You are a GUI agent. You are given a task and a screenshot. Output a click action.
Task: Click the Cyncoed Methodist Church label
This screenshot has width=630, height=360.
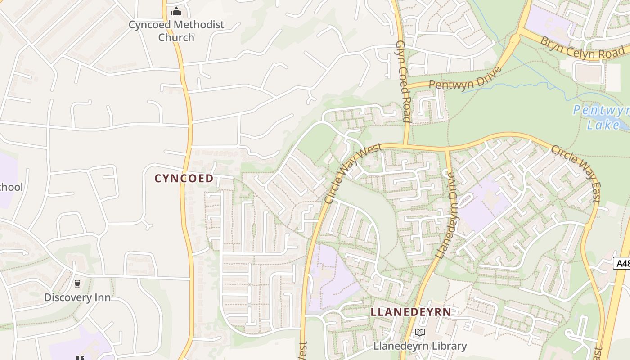[176, 31]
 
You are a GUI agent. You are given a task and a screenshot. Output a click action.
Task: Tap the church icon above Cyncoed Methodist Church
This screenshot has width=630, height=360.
[176, 11]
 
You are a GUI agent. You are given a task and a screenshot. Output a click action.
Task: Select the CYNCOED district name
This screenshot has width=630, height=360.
[184, 179]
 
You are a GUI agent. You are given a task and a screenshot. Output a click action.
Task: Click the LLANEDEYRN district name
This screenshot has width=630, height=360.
[411, 312]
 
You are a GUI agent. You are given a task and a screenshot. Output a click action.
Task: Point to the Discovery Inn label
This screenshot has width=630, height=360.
[77, 297]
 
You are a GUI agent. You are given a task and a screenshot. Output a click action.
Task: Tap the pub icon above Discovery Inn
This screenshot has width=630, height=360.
[77, 284]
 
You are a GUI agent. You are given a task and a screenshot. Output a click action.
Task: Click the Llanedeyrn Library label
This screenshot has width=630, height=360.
[420, 346]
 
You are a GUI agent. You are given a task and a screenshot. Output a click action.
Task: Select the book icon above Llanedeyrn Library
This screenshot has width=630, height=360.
[419, 333]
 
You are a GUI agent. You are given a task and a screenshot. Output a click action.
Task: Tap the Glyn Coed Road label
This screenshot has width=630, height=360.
[403, 81]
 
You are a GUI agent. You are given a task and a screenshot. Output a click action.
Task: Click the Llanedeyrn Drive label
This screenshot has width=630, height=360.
[446, 215]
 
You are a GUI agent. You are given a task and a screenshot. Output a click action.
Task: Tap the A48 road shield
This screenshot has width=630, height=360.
[622, 263]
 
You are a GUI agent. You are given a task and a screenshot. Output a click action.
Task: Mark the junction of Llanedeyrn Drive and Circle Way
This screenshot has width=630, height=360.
[447, 148]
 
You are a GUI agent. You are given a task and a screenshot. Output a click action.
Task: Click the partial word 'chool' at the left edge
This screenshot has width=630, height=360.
[11, 187]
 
